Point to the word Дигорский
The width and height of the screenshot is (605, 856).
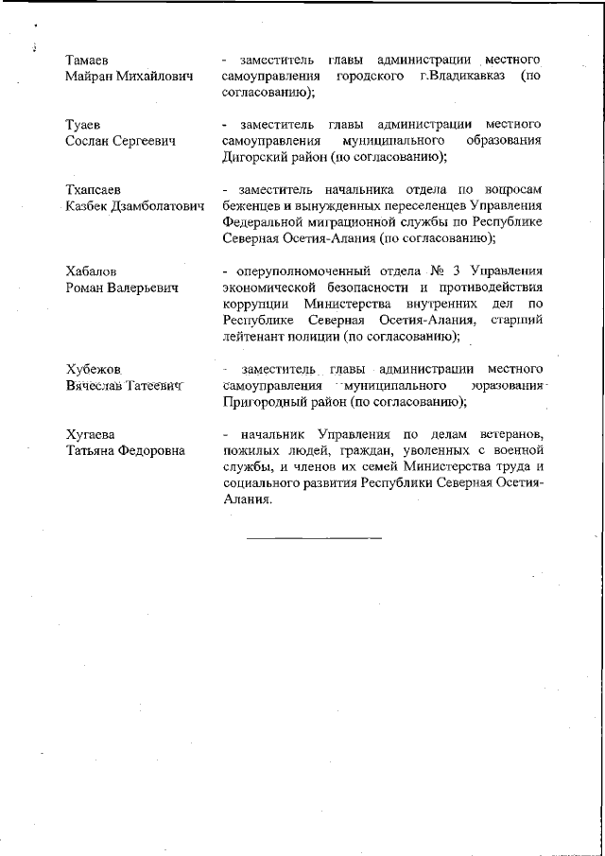[250, 157]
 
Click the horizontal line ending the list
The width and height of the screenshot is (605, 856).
[314, 538]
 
